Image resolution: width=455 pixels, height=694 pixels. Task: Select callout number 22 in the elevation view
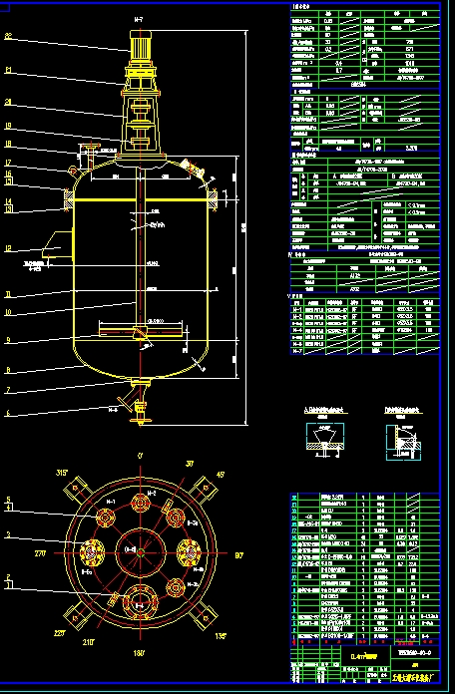(9, 37)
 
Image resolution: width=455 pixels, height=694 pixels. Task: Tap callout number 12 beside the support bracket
(9, 248)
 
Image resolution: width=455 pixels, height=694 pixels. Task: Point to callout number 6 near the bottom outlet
(9, 412)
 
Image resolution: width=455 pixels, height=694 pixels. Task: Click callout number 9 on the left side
(9, 340)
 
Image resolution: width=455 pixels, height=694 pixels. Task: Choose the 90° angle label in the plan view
(240, 553)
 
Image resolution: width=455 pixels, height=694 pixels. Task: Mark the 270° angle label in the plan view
(41, 551)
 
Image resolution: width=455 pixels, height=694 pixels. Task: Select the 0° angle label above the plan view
(140, 456)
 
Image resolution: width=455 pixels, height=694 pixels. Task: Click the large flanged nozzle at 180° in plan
(139, 601)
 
